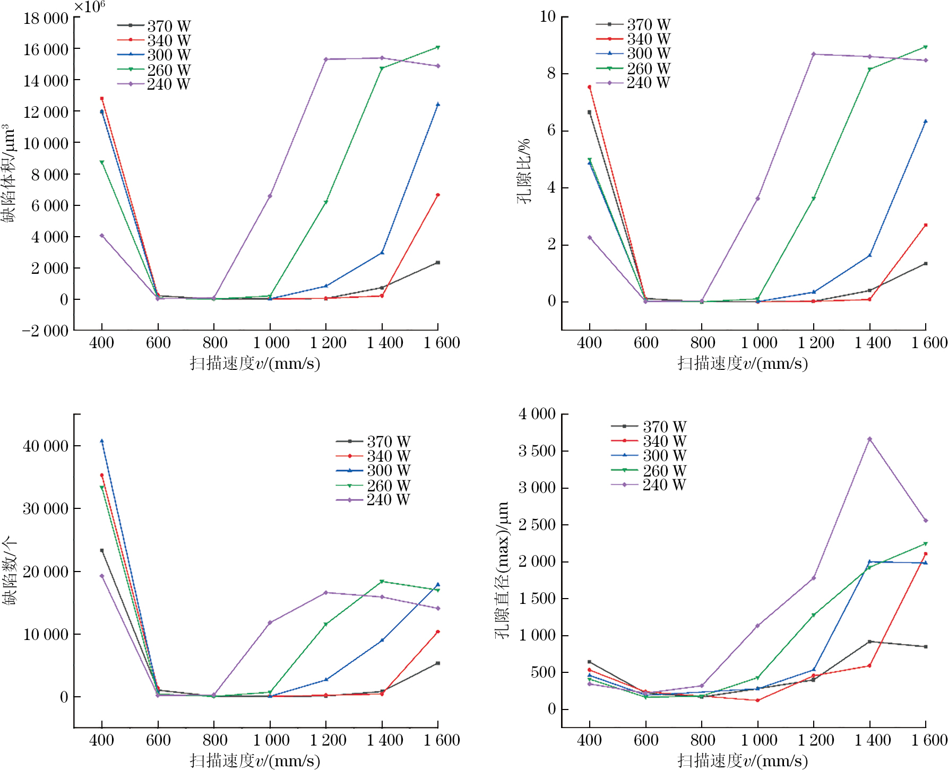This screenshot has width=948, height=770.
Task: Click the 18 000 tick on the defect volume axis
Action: [46, 19]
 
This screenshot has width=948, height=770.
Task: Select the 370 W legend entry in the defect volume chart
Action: [154, 26]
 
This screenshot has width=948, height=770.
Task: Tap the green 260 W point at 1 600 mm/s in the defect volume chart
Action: [438, 47]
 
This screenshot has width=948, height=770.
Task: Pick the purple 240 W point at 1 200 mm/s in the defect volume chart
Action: [326, 59]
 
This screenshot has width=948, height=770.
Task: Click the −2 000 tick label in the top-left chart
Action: [45, 331]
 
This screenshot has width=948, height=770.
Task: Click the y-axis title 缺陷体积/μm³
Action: [8, 174]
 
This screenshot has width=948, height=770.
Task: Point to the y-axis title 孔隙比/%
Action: [524, 171]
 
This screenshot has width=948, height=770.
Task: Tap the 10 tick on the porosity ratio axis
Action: [547, 17]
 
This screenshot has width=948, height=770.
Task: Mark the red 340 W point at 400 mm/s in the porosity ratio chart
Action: [589, 87]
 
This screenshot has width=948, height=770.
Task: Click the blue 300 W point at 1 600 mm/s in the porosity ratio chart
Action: [926, 122]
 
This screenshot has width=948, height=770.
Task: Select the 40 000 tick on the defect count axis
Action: [46, 446]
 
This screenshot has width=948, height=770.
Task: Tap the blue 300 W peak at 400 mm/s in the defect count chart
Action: [102, 441]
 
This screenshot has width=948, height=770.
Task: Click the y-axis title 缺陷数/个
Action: [9, 570]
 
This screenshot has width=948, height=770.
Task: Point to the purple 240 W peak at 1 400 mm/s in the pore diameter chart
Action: [869, 439]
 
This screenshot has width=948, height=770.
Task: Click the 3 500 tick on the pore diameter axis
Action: [537, 451]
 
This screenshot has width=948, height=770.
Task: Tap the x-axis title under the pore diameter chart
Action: [743, 761]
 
